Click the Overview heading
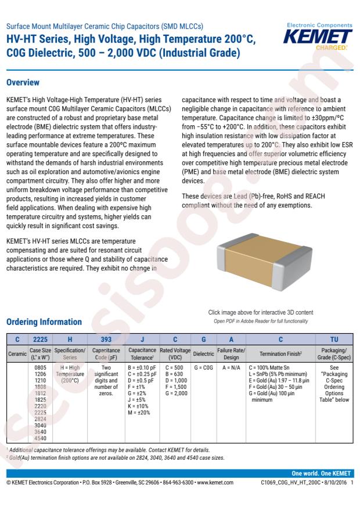[23, 82]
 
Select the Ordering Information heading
[44, 322]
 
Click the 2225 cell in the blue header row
[40, 340]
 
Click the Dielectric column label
[203, 353]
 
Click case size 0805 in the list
[41, 368]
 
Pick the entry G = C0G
[203, 368]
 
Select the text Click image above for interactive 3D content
[260, 312]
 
